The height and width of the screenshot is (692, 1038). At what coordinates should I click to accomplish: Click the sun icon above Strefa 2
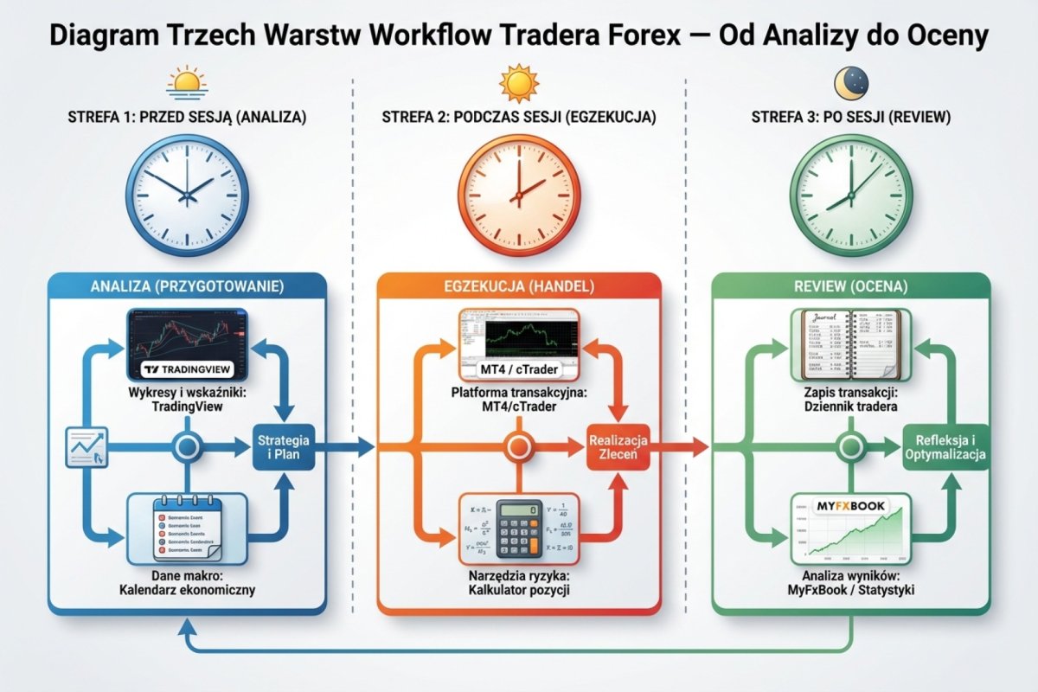point(518,84)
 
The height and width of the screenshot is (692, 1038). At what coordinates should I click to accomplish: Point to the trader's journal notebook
point(851,345)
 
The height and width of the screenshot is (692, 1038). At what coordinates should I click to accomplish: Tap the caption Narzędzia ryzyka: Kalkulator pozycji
point(519,583)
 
